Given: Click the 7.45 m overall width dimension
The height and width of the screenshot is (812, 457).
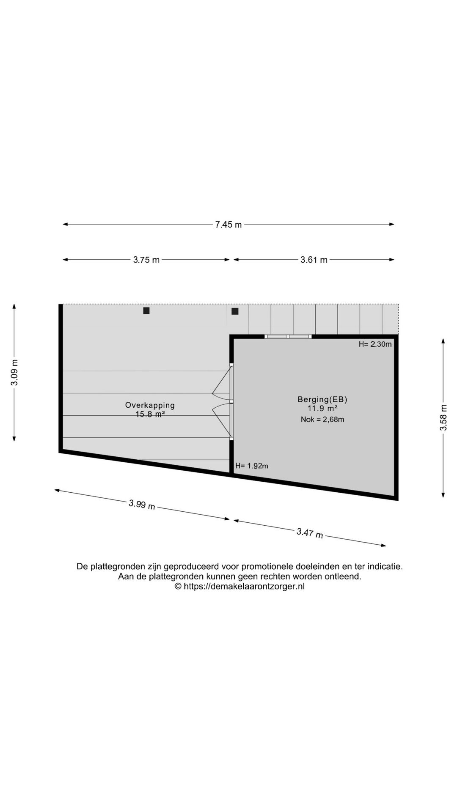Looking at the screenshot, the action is click(228, 225).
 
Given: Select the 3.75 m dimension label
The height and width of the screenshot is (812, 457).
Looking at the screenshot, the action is click(146, 260).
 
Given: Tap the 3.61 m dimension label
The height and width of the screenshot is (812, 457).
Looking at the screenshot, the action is click(314, 260).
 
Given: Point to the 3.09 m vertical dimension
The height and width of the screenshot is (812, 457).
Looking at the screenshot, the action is click(14, 372).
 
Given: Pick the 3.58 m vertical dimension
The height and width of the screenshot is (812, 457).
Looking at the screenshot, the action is click(443, 417).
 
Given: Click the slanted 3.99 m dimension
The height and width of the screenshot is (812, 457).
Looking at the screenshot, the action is click(142, 505).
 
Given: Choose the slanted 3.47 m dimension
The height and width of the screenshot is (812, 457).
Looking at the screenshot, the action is click(310, 533).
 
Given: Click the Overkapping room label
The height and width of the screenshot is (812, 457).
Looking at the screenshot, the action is click(150, 405).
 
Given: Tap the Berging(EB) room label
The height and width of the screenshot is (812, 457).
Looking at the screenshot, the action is click(322, 399).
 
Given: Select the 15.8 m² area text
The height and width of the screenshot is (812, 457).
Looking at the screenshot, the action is click(150, 414).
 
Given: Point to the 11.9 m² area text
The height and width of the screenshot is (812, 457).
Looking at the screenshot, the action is click(322, 409).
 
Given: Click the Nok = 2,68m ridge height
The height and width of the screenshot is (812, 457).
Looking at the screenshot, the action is click(322, 420).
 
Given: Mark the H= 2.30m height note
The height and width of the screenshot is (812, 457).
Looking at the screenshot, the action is click(375, 344).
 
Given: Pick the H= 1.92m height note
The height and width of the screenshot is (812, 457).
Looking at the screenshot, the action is click(252, 466).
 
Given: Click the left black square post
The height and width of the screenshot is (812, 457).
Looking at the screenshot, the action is click(146, 311).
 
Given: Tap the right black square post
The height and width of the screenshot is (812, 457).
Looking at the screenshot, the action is click(235, 311).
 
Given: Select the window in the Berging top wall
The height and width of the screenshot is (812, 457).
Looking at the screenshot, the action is click(288, 337).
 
